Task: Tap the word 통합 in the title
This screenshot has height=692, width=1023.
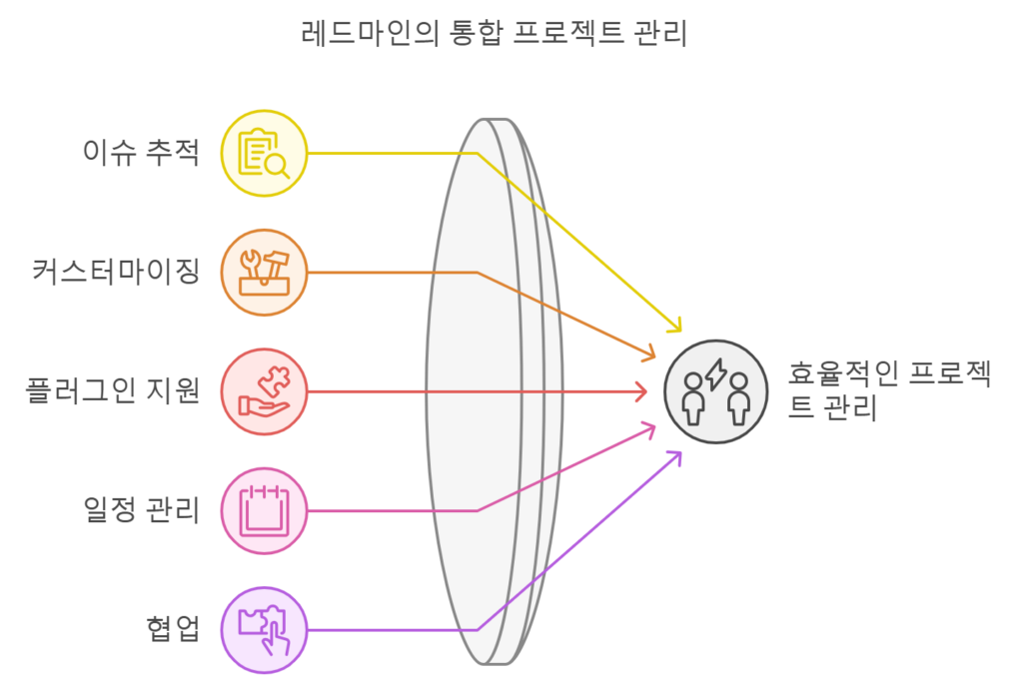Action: pyautogui.click(x=476, y=33)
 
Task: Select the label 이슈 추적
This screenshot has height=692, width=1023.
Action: pyautogui.click(x=141, y=153)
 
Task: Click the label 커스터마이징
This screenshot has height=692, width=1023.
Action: pyautogui.click(x=116, y=272)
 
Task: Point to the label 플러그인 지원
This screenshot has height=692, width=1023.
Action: pyautogui.click(x=112, y=391)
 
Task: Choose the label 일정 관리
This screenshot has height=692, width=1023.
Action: pyautogui.click(x=141, y=510)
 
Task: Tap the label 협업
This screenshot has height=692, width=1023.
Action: pyautogui.click(x=172, y=629)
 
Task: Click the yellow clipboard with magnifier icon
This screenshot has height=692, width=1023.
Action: pyautogui.click(x=264, y=153)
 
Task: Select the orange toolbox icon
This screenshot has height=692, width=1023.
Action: pyautogui.click(x=264, y=273)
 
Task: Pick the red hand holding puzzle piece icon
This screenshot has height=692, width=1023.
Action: pyautogui.click(x=264, y=391)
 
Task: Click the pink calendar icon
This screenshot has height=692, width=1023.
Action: pyautogui.click(x=264, y=510)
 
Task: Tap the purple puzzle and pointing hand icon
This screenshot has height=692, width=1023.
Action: pyautogui.click(x=264, y=630)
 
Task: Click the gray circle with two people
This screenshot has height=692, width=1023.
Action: pyautogui.click(x=715, y=391)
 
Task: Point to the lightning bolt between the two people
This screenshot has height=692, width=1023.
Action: pyautogui.click(x=715, y=373)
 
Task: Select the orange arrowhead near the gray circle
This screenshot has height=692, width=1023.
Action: pyautogui.click(x=649, y=354)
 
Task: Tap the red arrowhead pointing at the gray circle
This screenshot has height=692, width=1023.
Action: pyautogui.click(x=642, y=391)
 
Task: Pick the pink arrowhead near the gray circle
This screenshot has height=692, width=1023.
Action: pyautogui.click(x=649, y=428)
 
